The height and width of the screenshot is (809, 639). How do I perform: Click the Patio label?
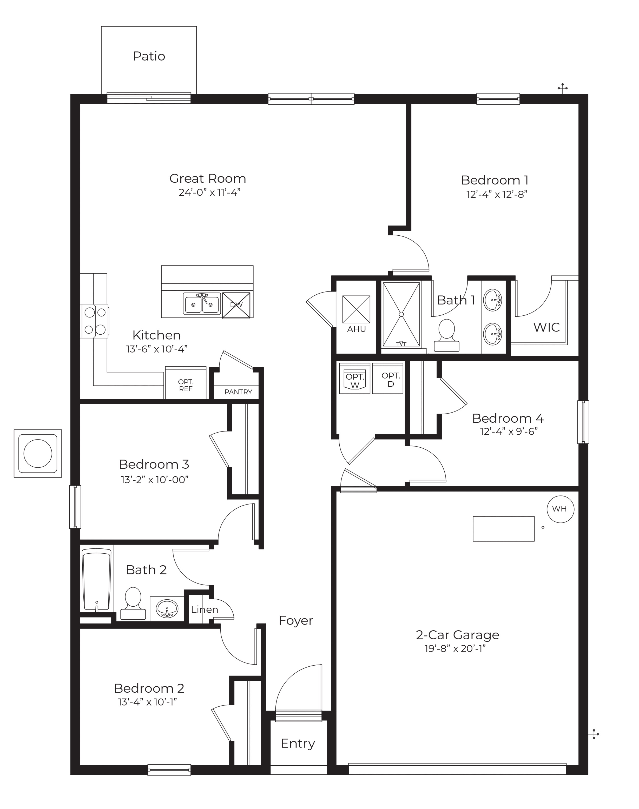click(x=149, y=56)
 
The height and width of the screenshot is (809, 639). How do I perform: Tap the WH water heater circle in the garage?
click(x=560, y=509)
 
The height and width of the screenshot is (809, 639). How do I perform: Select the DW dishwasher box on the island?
click(x=236, y=305)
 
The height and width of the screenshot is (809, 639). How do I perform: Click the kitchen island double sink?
click(x=202, y=303)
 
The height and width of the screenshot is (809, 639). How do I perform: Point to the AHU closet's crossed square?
click(x=356, y=309)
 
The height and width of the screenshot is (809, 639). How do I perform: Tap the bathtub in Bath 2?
click(x=96, y=579)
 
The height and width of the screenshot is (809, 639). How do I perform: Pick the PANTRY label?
click(x=238, y=392)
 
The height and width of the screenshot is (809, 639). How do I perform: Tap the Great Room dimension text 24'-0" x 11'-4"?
click(x=209, y=193)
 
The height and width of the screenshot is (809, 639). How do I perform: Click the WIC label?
click(x=546, y=327)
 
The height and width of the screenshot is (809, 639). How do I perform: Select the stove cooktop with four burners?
click(x=95, y=321)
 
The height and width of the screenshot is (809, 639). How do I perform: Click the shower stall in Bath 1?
click(x=401, y=315)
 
